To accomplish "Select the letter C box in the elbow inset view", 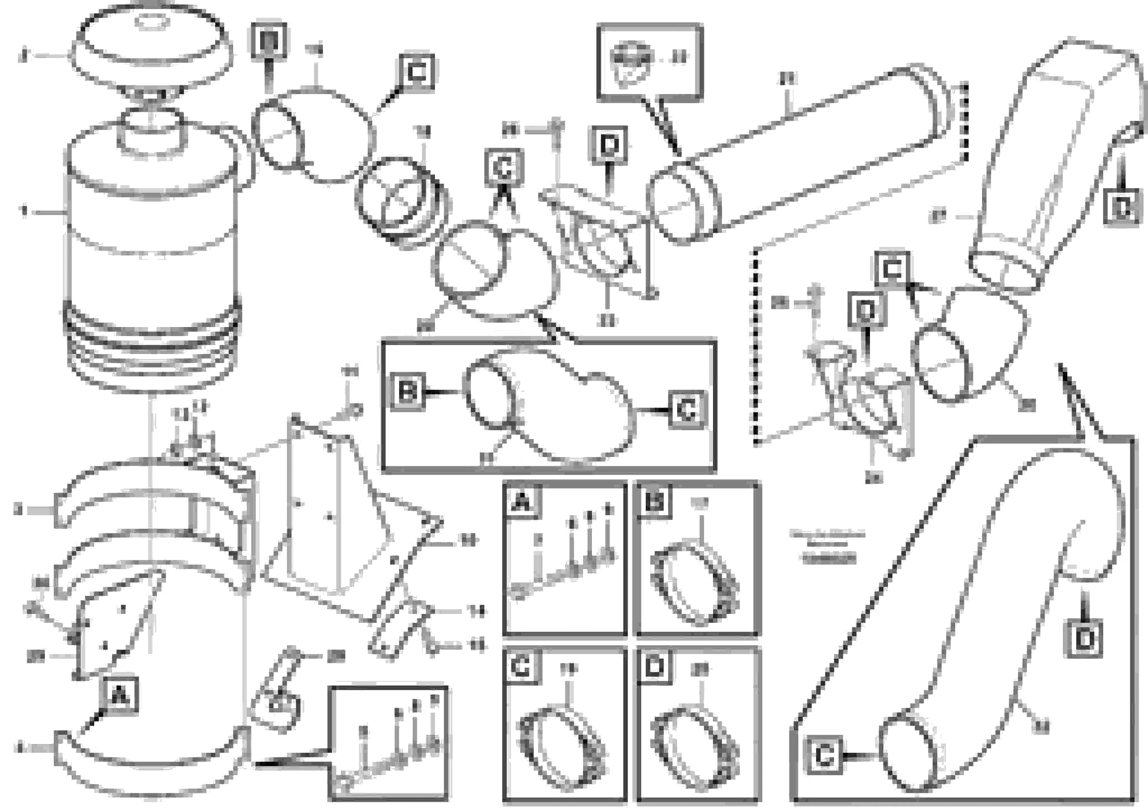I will [x=688, y=410].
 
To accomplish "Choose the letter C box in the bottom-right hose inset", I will [x=824, y=755].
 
